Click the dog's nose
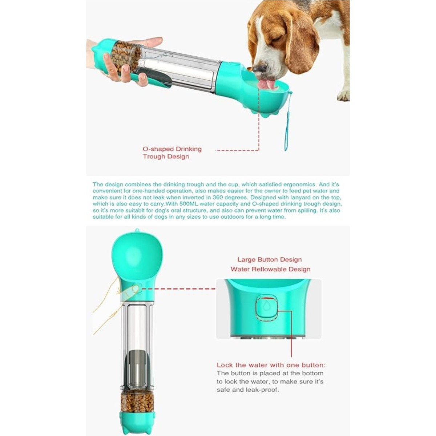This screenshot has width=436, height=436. tap(260, 69)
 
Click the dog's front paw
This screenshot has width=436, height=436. tap(343, 95)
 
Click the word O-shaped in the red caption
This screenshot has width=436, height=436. tap(158, 149)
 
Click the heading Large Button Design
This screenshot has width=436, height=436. tap(270, 259)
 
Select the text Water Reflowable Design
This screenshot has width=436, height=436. tap(270, 269)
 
